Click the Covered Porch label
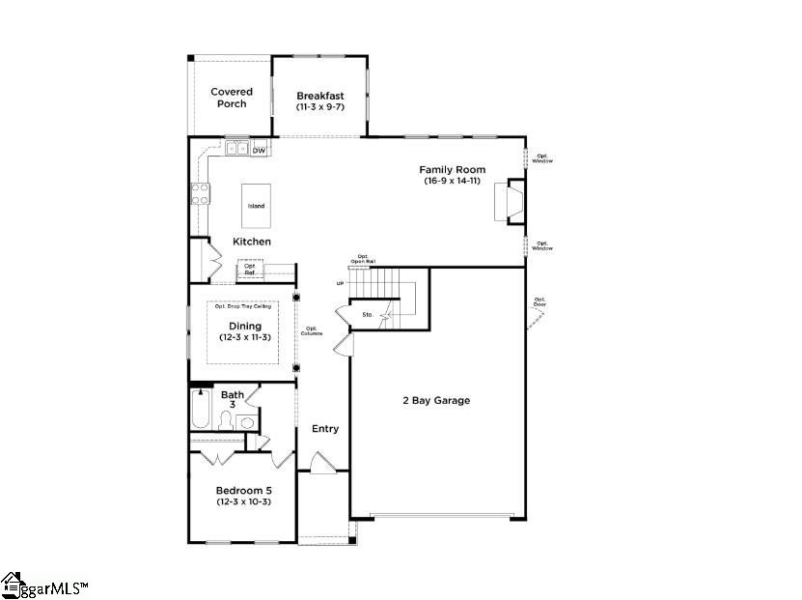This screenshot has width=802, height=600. pyautogui.click(x=232, y=98)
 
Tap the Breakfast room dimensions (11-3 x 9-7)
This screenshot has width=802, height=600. pyautogui.click(x=319, y=107)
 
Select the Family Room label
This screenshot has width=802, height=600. pyautogui.click(x=452, y=170)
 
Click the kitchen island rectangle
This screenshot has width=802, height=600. pyautogui.click(x=256, y=204)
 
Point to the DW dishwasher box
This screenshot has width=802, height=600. pyautogui.click(x=259, y=150)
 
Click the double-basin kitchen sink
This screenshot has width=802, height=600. pyautogui.click(x=236, y=149)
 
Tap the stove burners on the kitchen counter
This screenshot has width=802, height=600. pyautogui.click(x=201, y=193)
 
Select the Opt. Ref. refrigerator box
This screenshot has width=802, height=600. pyautogui.click(x=250, y=270)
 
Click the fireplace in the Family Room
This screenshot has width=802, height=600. pyautogui.click(x=512, y=201)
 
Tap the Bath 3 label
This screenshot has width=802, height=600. pyautogui.click(x=233, y=399)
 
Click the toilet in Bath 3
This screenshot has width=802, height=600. pyautogui.click(x=226, y=419)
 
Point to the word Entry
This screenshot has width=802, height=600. pyautogui.click(x=325, y=428)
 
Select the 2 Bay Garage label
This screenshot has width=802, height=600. pyautogui.click(x=436, y=400)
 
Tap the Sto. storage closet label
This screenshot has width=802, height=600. pyautogui.click(x=368, y=315)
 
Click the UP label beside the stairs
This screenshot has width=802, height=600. pyautogui.click(x=340, y=283)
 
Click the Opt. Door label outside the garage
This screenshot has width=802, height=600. pyautogui.click(x=539, y=302)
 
